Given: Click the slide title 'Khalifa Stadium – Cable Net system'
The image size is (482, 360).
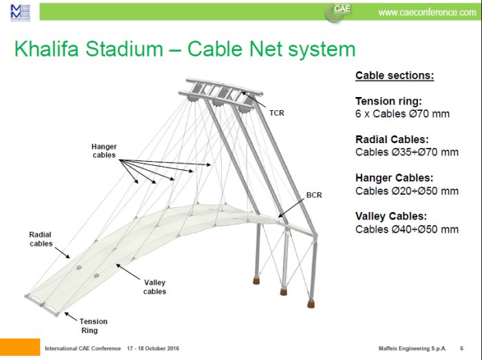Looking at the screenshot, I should pyautogui.click(x=185, y=50).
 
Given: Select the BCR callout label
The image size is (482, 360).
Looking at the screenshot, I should pyautogui.click(x=313, y=195).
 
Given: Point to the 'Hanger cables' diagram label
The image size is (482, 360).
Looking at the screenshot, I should pyautogui.click(x=104, y=151).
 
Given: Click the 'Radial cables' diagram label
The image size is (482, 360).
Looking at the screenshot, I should pyautogui.click(x=41, y=239).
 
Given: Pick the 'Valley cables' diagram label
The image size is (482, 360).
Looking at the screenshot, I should pyautogui.click(x=155, y=287).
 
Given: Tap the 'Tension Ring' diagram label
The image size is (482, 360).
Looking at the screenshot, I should pyautogui.click(x=93, y=326).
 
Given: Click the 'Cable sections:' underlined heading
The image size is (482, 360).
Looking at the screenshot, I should pyautogui.click(x=394, y=76).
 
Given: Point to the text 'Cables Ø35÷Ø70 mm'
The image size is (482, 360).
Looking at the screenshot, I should pyautogui.click(x=406, y=152).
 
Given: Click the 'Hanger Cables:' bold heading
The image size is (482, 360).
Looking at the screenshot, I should pyautogui.click(x=394, y=178).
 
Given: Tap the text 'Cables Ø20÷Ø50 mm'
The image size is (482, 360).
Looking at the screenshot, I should pyautogui.click(x=406, y=191).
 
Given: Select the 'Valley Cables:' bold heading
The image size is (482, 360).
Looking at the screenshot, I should pyautogui.click(x=391, y=216).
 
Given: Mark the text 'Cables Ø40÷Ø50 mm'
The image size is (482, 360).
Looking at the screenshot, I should pyautogui.click(x=406, y=229).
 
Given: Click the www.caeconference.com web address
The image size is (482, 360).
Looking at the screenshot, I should pyautogui.click(x=427, y=12).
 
